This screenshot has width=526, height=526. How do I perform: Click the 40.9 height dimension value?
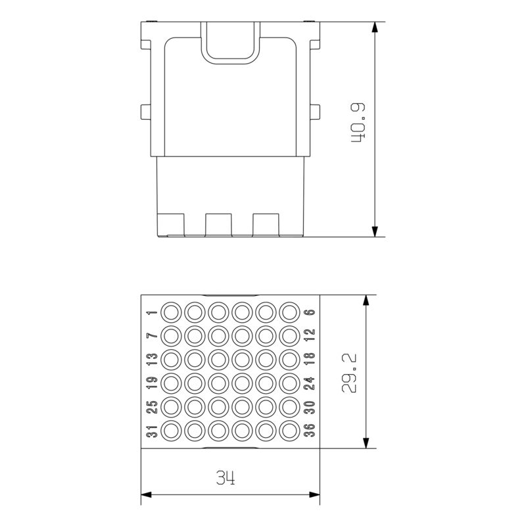358,124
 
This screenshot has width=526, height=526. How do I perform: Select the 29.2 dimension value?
350,372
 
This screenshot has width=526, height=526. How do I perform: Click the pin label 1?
151,313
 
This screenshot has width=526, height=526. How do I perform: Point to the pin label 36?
309,431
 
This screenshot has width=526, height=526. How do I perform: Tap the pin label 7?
151,336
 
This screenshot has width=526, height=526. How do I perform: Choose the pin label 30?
309,408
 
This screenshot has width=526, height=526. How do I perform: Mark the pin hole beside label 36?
288,431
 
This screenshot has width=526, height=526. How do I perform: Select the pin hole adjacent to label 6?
288,312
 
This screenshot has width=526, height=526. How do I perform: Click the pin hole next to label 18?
288,359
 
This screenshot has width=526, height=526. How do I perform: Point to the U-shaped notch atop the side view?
229,43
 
